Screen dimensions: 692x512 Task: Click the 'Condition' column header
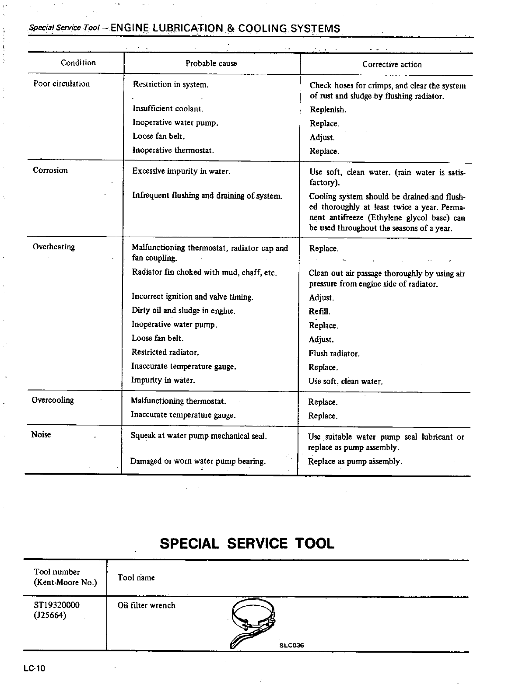[78, 63]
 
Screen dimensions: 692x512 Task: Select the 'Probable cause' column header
[211, 63]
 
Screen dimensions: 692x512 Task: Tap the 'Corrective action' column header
[392, 65]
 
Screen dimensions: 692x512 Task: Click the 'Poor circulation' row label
[61, 84]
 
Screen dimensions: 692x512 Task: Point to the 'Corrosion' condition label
[50, 171]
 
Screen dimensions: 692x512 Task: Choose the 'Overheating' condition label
[54, 247]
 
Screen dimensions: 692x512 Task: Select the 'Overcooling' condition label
[53, 400]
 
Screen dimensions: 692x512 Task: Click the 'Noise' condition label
[41, 434]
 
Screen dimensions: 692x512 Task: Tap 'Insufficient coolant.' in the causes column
[168, 109]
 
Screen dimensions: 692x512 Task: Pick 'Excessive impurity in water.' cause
[181, 171]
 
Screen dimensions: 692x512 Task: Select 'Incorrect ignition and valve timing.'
[193, 297]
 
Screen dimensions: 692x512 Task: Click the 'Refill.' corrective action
[319, 312]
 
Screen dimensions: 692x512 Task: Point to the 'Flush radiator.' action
[334, 353]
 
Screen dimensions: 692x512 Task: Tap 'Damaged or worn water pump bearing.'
[198, 461]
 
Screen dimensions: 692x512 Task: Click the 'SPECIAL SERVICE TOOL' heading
[247, 544]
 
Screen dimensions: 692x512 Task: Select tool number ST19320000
[57, 605]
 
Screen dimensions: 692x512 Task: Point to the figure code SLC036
[291, 646]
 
